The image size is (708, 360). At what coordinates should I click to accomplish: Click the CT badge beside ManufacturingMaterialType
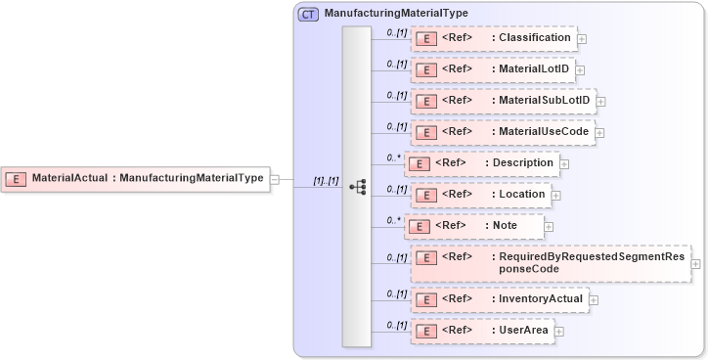(309, 14)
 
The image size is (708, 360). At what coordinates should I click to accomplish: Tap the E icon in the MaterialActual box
(17, 179)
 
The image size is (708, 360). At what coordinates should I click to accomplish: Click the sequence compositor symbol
(357, 187)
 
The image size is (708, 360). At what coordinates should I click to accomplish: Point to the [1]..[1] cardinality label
(325, 181)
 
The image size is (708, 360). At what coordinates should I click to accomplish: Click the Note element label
(506, 226)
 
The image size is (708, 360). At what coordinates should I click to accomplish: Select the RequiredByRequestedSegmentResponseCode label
(593, 262)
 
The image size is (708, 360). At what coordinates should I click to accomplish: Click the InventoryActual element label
(537, 298)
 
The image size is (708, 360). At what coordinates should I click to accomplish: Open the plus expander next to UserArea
(559, 332)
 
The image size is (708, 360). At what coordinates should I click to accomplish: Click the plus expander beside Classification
(582, 39)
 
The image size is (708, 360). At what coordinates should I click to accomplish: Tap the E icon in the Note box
(418, 227)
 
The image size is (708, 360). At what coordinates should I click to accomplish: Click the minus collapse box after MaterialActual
(275, 180)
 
